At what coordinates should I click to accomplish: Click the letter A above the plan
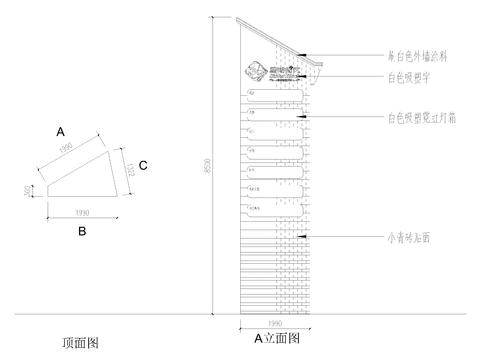(x=61, y=132)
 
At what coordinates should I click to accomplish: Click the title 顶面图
(x=78, y=342)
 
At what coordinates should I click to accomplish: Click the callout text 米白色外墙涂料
(x=417, y=58)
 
